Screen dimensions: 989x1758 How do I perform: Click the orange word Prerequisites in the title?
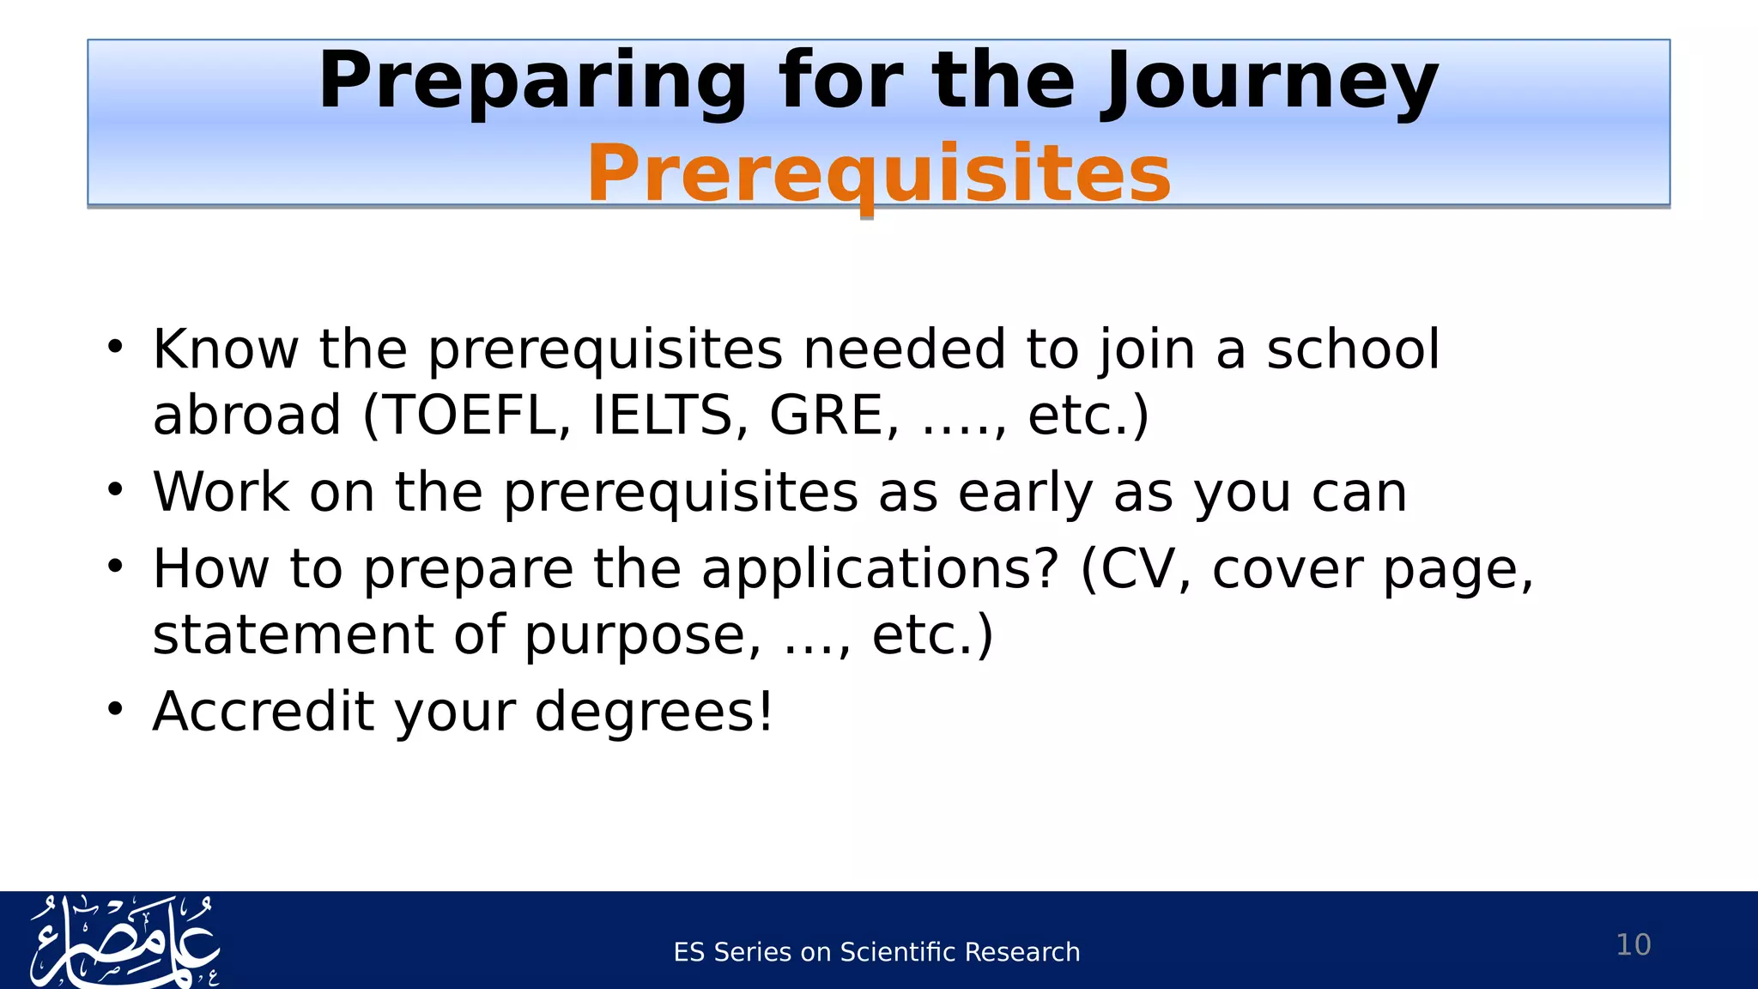point(878,174)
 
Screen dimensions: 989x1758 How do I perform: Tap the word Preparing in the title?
point(532,82)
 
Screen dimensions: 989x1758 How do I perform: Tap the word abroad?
point(246,416)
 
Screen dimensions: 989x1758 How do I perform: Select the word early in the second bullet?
point(1025,494)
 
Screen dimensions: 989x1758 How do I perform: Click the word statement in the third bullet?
point(293,636)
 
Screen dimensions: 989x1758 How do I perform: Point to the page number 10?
point(1633,945)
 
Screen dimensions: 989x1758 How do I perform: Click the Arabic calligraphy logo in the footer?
point(125,942)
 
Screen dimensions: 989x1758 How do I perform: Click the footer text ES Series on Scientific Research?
point(876,952)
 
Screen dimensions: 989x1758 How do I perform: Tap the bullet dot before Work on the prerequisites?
point(116,490)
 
